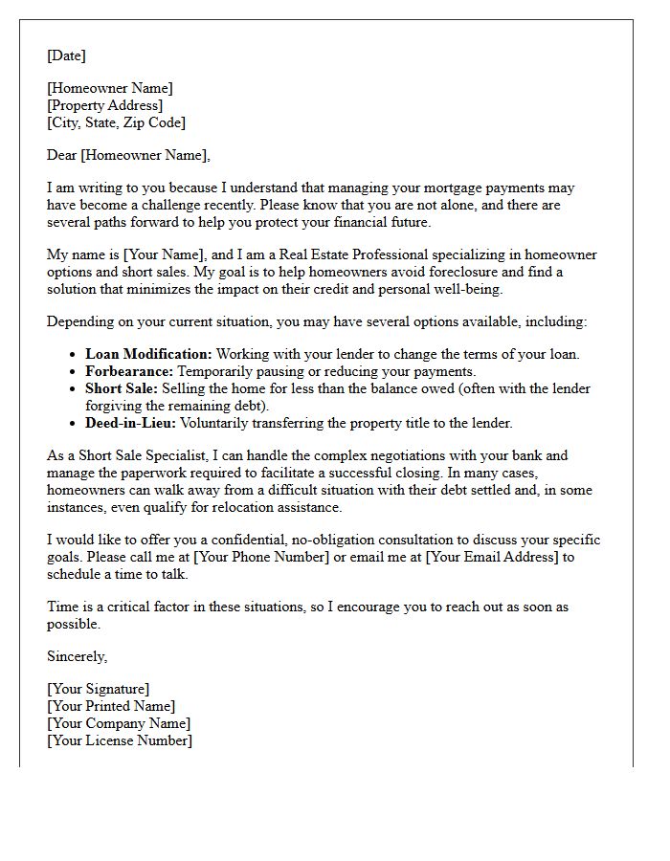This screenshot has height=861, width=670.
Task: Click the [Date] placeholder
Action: click(66, 55)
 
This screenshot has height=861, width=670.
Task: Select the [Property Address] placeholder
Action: click(104, 105)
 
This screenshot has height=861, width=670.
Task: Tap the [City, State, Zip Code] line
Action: click(116, 122)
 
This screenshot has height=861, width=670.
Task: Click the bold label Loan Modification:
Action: click(148, 354)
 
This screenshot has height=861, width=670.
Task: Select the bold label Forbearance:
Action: click(128, 371)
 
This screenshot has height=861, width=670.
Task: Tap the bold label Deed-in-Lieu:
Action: click(130, 423)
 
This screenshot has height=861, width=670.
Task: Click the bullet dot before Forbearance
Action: click(74, 372)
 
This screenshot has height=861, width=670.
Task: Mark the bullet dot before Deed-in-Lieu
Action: click(74, 424)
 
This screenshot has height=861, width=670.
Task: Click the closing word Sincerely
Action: click(77, 656)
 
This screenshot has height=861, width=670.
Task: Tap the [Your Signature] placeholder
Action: click(98, 689)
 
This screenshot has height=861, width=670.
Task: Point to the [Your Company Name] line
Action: click(118, 723)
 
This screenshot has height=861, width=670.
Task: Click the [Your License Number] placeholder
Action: click(119, 740)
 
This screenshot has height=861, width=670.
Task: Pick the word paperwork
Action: click(147, 473)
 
